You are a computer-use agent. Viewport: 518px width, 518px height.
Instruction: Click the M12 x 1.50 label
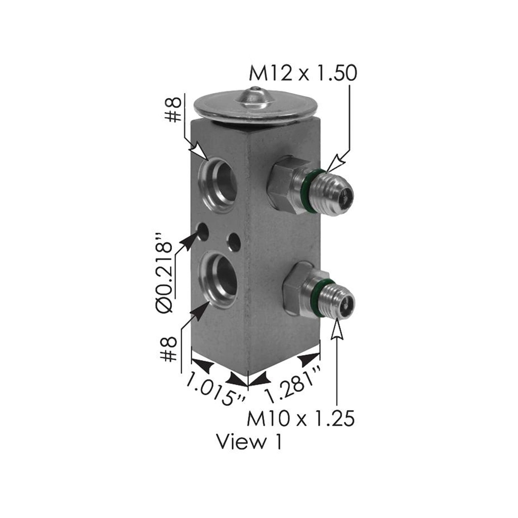303,73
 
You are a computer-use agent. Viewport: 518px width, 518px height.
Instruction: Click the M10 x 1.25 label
300,418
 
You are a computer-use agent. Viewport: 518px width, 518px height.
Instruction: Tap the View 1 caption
249,442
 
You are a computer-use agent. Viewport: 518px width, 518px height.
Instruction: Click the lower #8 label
169,349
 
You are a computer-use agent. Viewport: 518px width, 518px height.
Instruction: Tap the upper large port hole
219,184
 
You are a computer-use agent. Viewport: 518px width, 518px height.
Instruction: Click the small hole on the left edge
202,232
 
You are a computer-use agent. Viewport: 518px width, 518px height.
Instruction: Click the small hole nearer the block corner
234,242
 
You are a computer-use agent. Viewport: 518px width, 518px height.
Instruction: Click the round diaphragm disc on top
255,107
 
